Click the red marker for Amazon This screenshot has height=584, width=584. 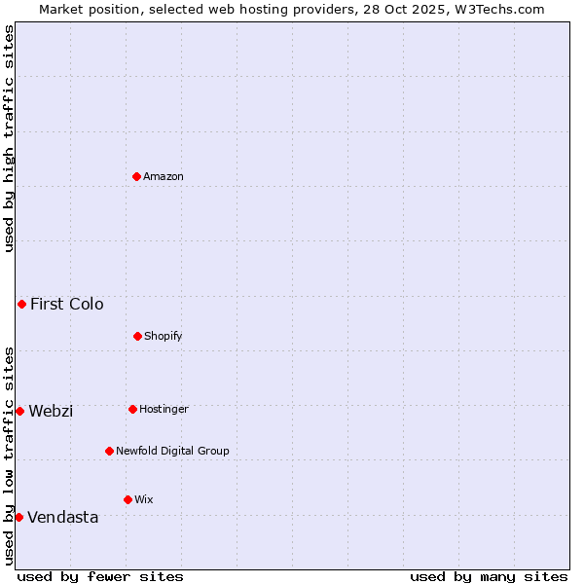tap(136, 176)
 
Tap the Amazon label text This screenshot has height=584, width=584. tap(164, 176)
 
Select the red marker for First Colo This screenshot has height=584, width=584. tap(21, 304)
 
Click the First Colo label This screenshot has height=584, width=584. tap(66, 304)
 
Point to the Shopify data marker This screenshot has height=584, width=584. tap(137, 336)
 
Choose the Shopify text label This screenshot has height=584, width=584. tap(164, 336)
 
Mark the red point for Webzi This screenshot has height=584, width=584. tap(19, 411)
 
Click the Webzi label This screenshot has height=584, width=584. tap(51, 411)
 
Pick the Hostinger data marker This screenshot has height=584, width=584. tap(132, 409)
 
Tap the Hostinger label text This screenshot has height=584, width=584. tap(164, 409)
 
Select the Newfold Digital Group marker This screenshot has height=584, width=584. tap(109, 451)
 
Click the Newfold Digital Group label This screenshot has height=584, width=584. tap(172, 451)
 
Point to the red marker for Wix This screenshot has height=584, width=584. tap(128, 499)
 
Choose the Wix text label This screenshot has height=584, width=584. tap(144, 499)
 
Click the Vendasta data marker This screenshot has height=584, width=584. tap(18, 517)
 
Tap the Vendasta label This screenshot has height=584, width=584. tap(63, 517)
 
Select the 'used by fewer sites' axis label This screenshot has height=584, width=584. tap(100, 576)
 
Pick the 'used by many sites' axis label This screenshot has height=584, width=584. tap(489, 576)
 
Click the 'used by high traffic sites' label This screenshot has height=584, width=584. tap(9, 138)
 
